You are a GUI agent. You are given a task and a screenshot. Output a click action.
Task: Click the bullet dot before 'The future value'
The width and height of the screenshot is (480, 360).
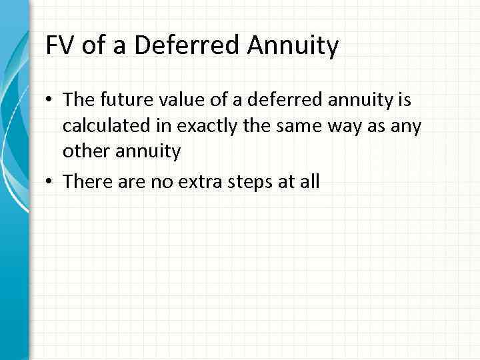[x=51, y=101]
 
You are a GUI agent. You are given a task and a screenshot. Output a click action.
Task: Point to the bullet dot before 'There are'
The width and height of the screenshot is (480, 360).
[x=51, y=182]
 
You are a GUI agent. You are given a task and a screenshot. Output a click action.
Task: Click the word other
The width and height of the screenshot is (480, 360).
[x=84, y=151]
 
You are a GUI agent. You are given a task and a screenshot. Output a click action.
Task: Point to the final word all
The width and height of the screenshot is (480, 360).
[x=308, y=181]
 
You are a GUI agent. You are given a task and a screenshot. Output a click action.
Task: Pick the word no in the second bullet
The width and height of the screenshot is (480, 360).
[x=156, y=182]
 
